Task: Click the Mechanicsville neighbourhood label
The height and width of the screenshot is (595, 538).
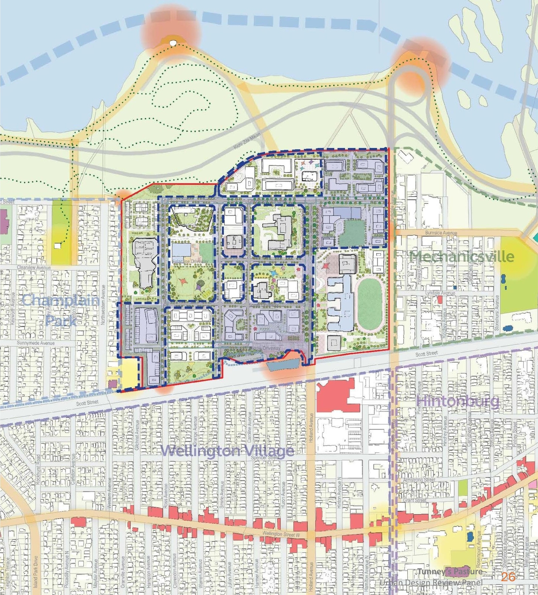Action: coord(462,257)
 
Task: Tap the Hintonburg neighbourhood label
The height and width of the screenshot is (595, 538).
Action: coord(458,401)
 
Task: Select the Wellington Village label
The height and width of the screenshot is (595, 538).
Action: coord(227,451)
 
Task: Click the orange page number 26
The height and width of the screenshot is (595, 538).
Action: coord(508,577)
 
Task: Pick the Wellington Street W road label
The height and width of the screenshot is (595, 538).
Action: coord(281,534)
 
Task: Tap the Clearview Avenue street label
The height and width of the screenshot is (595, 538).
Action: coord(34,267)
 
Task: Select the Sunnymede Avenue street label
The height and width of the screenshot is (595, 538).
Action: coord(36,343)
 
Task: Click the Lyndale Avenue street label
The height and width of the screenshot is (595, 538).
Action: coord(440,293)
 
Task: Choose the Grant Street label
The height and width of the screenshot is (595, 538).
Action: coord(414,500)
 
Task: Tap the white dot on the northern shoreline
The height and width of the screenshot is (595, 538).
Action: coord(172,42)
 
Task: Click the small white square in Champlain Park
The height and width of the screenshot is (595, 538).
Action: coord(58,246)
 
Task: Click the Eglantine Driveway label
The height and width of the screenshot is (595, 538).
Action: coord(190,261)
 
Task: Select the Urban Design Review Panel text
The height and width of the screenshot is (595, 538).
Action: coord(430,583)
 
